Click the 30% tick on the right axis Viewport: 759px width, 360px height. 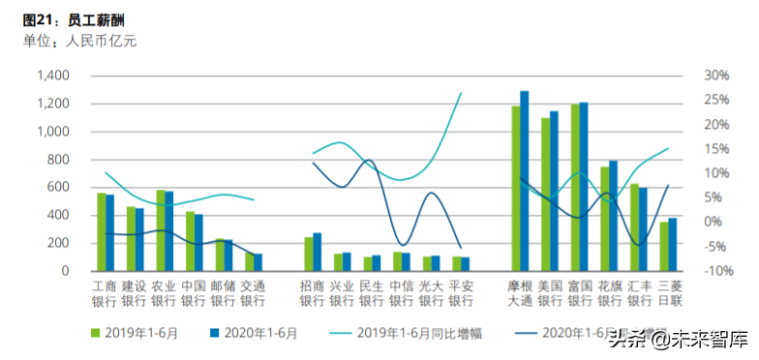pyautogui.click(x=716, y=75)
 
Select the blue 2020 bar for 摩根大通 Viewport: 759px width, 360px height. pyautogui.click(x=525, y=180)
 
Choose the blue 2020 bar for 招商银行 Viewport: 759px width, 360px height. pyautogui.click(x=317, y=251)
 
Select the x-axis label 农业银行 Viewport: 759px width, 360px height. pyautogui.click(x=165, y=293)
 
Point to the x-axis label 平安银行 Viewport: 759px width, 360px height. pyautogui.click(x=462, y=293)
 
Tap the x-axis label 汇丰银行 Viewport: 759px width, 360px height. pyautogui.click(x=639, y=293)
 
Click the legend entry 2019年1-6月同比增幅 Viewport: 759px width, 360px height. pyautogui.click(x=406, y=334)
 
